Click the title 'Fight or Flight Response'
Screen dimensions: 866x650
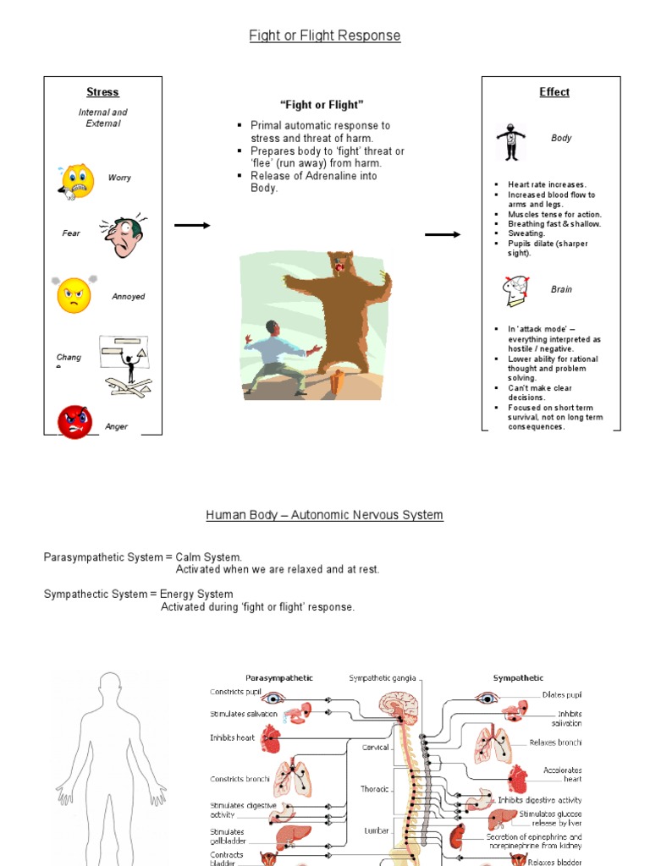click(324, 36)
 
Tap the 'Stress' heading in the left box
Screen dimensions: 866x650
click(102, 92)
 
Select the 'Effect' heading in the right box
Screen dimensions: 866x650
click(554, 92)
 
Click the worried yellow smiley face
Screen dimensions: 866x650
click(76, 181)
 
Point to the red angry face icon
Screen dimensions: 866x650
click(74, 421)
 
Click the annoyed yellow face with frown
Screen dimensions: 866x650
click(74, 295)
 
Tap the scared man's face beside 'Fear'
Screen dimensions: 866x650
click(124, 235)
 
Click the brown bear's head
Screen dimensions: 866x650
click(342, 263)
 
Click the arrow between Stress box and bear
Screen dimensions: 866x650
click(191, 225)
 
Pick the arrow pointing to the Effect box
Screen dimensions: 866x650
click(443, 234)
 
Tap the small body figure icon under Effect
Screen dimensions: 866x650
click(510, 142)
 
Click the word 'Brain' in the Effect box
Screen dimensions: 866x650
click(561, 289)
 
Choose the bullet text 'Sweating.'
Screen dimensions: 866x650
click(526, 233)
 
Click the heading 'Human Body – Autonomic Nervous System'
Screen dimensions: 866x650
click(324, 515)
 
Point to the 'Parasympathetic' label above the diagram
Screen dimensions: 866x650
click(278, 677)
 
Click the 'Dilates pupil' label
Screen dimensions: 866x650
click(562, 695)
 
